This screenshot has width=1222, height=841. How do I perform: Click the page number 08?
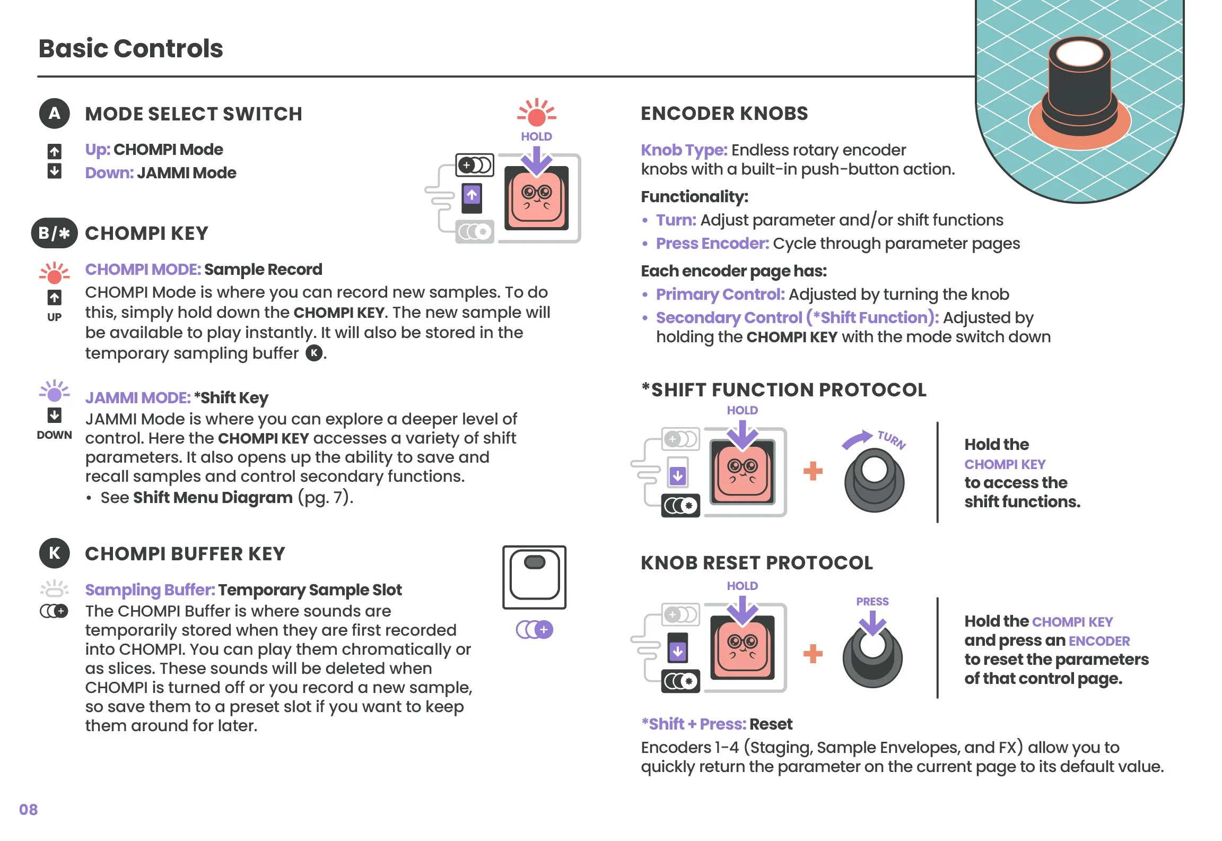click(28, 809)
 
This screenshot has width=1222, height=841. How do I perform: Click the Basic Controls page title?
click(130, 48)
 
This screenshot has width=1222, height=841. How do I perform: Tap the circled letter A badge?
click(54, 113)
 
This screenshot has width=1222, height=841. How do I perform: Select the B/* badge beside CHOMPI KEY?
click(54, 233)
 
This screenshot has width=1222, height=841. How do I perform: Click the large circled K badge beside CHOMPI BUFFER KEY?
click(54, 553)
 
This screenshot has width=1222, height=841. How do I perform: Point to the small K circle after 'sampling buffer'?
click(314, 353)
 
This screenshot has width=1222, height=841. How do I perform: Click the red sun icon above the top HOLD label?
click(536, 114)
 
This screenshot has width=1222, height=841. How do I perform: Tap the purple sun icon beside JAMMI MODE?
click(54, 393)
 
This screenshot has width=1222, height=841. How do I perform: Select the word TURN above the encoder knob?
click(892, 440)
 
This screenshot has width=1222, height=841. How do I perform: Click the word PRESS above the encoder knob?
click(872, 601)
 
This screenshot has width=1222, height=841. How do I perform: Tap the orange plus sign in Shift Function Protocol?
click(813, 471)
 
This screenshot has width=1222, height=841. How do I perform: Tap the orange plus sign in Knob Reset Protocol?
click(813, 654)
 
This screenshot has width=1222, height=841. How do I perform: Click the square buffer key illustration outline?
click(534, 577)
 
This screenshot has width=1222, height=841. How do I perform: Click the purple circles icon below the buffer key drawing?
click(534, 630)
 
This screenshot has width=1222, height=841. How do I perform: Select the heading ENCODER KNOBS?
click(724, 113)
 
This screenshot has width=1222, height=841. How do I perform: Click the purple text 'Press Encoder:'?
click(712, 244)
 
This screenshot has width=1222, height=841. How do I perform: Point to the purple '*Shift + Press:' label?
click(693, 724)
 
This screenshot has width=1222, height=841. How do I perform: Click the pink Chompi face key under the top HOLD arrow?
click(536, 199)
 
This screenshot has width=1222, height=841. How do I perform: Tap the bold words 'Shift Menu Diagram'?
click(213, 498)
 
